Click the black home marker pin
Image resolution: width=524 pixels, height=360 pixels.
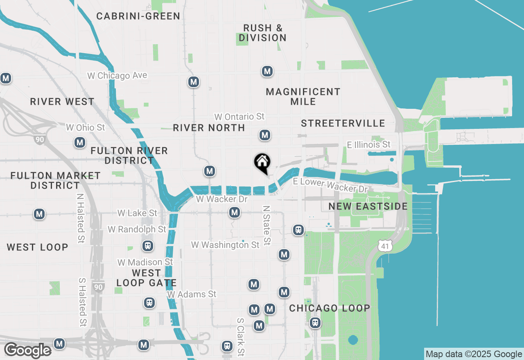click(262, 163)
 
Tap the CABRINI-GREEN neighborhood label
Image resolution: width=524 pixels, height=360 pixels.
click(138, 16)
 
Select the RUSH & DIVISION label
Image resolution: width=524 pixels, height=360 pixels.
click(263, 33)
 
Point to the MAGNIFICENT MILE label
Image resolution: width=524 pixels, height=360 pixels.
click(303, 97)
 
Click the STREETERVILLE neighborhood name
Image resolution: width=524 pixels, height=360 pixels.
click(343, 124)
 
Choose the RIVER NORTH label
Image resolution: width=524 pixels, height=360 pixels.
click(209, 128)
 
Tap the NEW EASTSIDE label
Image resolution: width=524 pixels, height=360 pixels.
click(368, 206)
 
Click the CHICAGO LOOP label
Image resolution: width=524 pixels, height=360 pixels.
click(330, 308)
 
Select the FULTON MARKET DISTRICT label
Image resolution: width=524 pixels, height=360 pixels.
click(55, 180)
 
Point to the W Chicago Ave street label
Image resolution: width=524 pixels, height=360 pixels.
click(117, 76)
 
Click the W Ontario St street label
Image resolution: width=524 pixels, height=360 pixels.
click(239, 117)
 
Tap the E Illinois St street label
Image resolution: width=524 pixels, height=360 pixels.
click(368, 145)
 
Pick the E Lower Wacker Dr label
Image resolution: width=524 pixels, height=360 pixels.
click(330, 185)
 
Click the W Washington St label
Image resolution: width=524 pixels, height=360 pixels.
click(225, 245)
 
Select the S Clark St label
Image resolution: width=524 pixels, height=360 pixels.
click(241, 337)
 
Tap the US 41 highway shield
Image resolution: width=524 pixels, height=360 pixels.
click(386, 246)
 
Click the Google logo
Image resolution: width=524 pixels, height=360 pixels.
click(27, 351)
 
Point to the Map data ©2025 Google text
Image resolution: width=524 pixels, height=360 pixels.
click(474, 354)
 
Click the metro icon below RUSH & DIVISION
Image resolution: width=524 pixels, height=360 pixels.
click(267, 72)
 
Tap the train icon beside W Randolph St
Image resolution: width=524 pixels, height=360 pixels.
click(148, 246)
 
